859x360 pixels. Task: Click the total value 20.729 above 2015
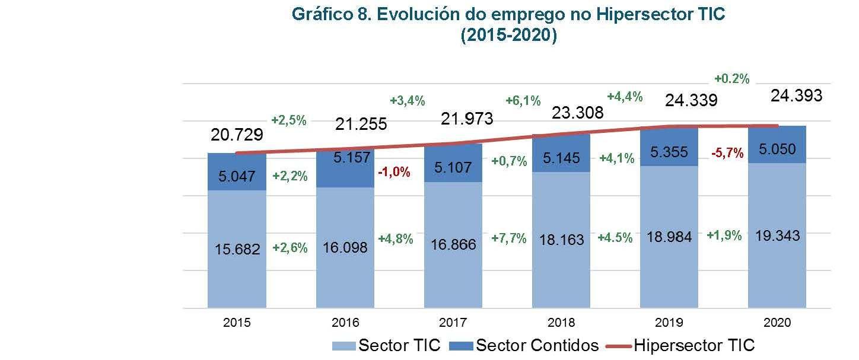click(237, 135)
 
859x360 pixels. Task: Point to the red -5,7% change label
click(727, 153)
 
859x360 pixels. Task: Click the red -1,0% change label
click(394, 172)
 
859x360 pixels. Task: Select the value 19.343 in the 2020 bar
click(778, 235)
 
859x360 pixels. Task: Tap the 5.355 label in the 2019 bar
click(669, 151)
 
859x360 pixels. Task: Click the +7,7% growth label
click(509, 238)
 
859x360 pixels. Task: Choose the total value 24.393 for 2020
click(796, 95)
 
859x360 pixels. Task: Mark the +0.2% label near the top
click(732, 78)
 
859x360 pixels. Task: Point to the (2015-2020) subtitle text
click(508, 36)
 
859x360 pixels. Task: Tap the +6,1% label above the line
click(523, 101)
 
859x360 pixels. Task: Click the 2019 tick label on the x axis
click(669, 323)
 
